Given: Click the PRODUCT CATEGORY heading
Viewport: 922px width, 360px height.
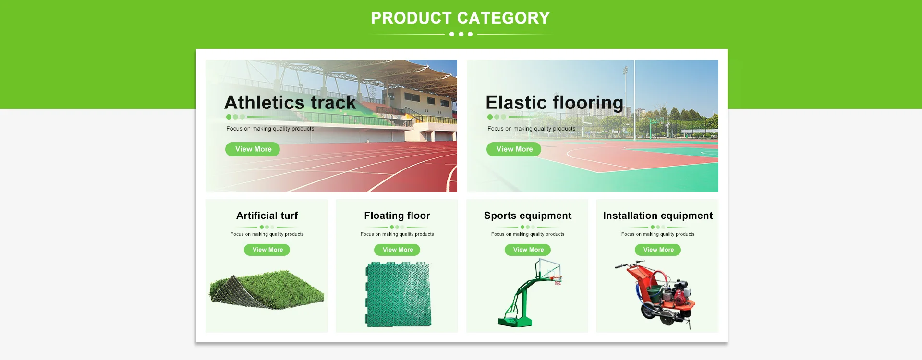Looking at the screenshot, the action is [461, 18].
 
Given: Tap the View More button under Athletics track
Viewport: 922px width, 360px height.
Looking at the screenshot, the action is [253, 149].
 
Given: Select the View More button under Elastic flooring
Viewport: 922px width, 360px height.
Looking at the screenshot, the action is [514, 149].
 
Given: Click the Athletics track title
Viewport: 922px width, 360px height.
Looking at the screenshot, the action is [290, 103].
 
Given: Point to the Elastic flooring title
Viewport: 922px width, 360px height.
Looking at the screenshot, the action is [555, 103].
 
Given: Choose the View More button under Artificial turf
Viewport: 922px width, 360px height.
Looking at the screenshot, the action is [267, 250].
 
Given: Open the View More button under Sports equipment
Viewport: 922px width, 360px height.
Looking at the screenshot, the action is [528, 250].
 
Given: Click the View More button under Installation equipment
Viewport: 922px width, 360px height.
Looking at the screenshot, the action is [658, 250].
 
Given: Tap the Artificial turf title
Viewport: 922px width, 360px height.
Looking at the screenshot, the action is [267, 216].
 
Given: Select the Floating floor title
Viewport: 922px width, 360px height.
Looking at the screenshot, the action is [397, 216].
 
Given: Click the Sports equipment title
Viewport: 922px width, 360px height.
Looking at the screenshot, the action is [528, 216].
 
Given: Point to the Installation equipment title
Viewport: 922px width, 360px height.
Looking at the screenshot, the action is [658, 216].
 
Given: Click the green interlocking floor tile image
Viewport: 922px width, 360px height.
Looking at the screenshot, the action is [398, 294].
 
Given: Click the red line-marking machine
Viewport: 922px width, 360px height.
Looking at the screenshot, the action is [658, 294].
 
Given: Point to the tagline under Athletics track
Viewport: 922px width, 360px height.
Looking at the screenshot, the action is [270, 129].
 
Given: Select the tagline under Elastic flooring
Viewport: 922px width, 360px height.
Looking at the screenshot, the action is [531, 129].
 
